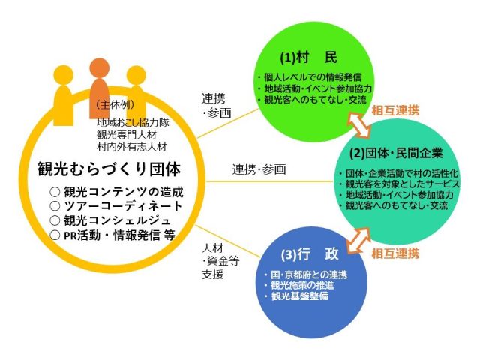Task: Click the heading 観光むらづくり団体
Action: coord(109,169)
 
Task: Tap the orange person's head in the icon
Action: coord(100,67)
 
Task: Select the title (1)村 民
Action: coord(308,58)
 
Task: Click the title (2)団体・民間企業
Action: coord(396,153)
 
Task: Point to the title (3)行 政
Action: coord(310,254)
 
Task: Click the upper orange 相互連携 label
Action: coord(395,110)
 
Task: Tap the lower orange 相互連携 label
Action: coord(395,253)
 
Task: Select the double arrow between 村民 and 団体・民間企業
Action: coord(358,124)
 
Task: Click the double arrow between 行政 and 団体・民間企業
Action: coord(358,241)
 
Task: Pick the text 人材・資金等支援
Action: coord(220,261)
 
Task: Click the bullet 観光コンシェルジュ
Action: coord(110,220)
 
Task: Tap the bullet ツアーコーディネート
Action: coord(115,206)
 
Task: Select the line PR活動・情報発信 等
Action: coord(112,235)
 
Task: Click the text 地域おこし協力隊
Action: coord(133,123)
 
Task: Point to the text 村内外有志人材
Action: coord(132,147)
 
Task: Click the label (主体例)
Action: coord(115,105)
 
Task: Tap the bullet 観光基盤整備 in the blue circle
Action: coord(297,296)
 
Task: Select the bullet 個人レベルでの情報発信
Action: coord(310,77)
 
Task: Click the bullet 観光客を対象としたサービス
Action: coord(400,184)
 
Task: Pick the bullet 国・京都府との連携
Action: coord(306,274)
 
